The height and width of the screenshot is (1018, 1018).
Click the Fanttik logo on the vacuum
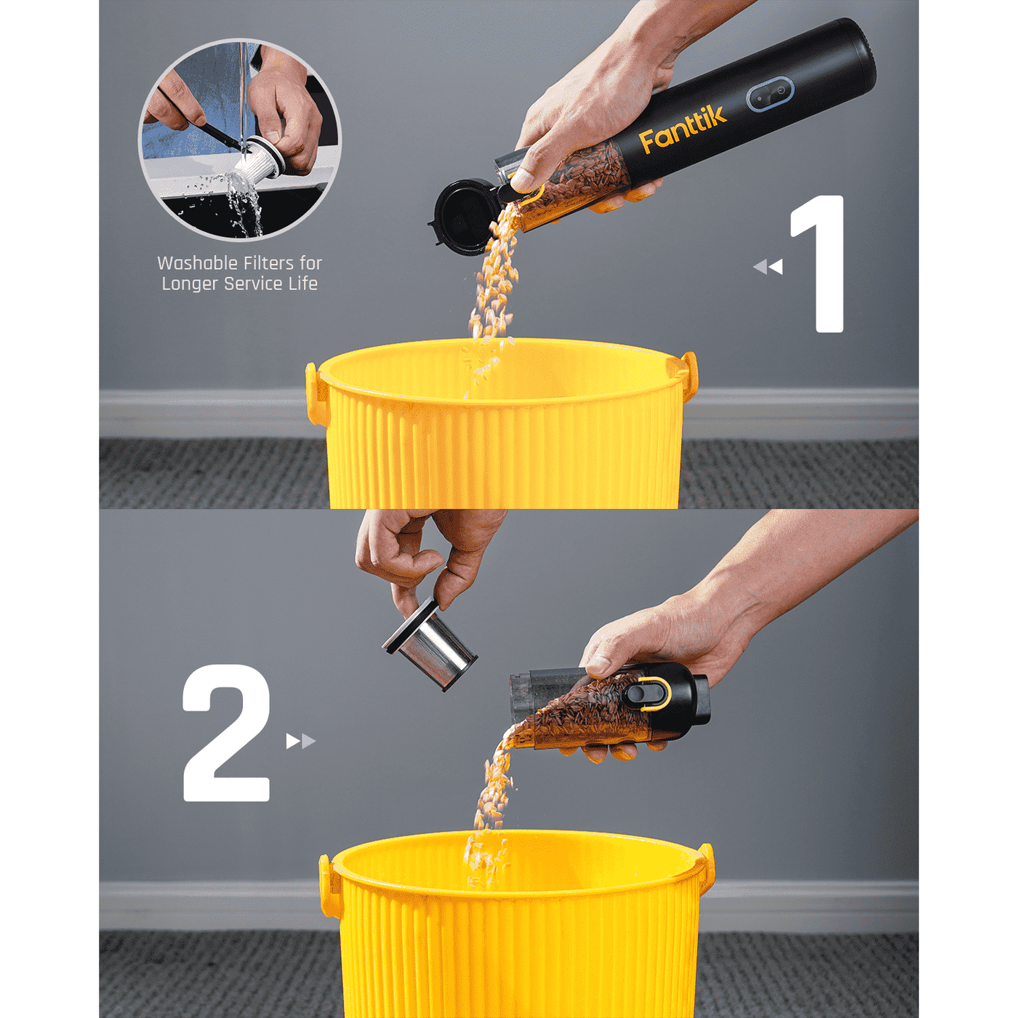point(681,129)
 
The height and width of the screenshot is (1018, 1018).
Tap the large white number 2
point(226,734)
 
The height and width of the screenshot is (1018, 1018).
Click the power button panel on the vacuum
point(770,95)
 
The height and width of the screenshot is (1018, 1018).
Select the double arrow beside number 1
point(768,267)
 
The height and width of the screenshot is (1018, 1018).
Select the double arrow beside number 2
point(300,741)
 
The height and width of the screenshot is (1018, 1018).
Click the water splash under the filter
point(244,204)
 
